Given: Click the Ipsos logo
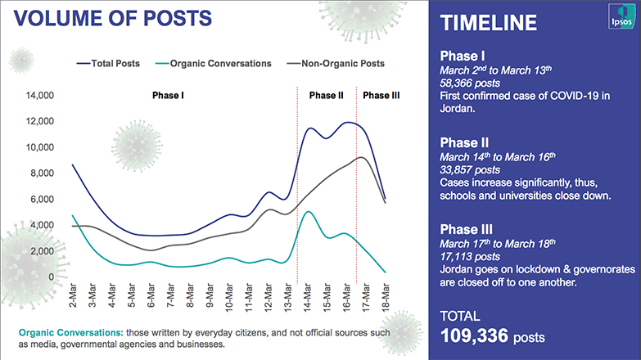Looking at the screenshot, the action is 621,16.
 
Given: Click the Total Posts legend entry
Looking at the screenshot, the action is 108,63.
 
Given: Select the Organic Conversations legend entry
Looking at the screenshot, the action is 214,63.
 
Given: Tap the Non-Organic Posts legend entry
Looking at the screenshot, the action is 336,63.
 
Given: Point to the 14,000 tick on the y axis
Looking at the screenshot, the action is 40,96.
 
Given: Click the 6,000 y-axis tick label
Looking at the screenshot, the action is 42,200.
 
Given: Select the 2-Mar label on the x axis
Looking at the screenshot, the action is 73,295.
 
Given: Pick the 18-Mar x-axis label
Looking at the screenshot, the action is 386,297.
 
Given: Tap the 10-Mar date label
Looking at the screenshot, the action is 229,297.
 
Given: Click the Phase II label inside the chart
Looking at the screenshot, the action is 326,96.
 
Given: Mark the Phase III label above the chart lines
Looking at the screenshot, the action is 381,96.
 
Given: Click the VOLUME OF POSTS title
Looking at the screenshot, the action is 113,18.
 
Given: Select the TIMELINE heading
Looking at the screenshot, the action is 489,23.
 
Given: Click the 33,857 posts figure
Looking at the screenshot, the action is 470,170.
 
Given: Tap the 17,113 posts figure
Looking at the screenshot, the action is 470,257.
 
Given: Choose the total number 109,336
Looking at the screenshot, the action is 474,336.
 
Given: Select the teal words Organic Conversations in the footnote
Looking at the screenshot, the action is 70,333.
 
